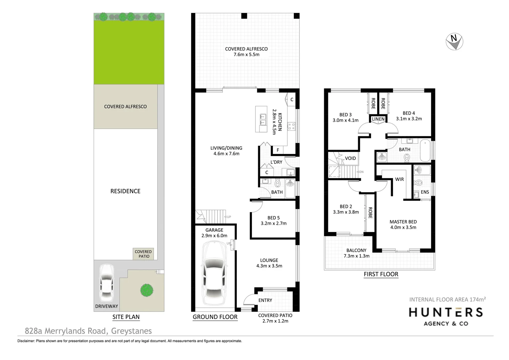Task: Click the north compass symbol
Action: click(454, 42)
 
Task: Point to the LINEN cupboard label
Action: click(378, 119)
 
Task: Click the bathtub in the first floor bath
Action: click(425, 151)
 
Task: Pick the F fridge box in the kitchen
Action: click(277, 150)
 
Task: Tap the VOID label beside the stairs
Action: click(350, 158)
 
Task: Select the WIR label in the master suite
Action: click(399, 179)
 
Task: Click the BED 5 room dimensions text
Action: click(273, 224)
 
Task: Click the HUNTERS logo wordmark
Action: click(446, 312)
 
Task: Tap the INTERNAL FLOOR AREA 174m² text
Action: click(447, 299)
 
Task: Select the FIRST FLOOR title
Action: click(381, 274)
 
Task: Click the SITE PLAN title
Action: click(126, 317)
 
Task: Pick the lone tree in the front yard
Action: click(147, 290)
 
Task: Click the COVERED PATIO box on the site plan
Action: click(143, 254)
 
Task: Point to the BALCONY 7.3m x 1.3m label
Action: click(356, 253)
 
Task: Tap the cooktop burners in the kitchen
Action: click(291, 126)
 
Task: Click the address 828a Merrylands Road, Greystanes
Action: click(88, 331)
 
